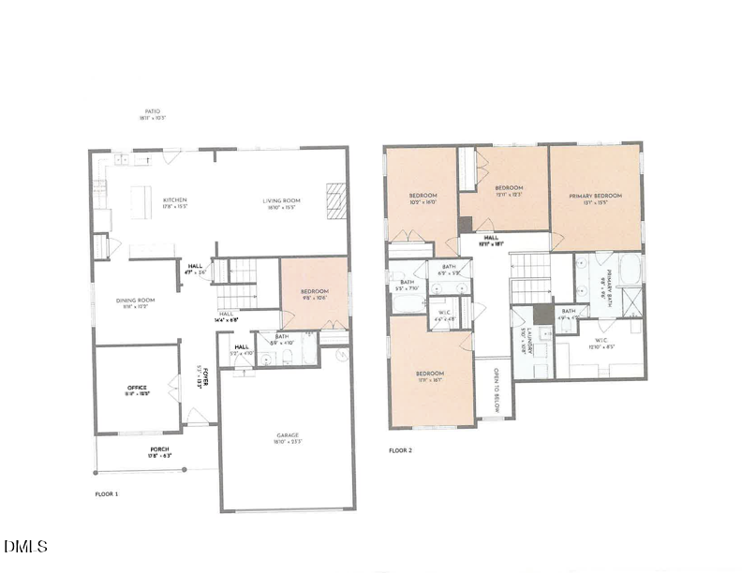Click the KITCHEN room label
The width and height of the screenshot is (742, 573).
175,200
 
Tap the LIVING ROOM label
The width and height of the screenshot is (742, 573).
280,200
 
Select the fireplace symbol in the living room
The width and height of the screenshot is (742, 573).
335,200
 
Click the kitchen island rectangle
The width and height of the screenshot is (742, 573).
141,202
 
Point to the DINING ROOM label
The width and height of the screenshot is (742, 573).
135,301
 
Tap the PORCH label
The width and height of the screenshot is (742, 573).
159,449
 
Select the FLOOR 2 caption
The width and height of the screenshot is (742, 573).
400,450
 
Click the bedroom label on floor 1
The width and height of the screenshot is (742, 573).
314,292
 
